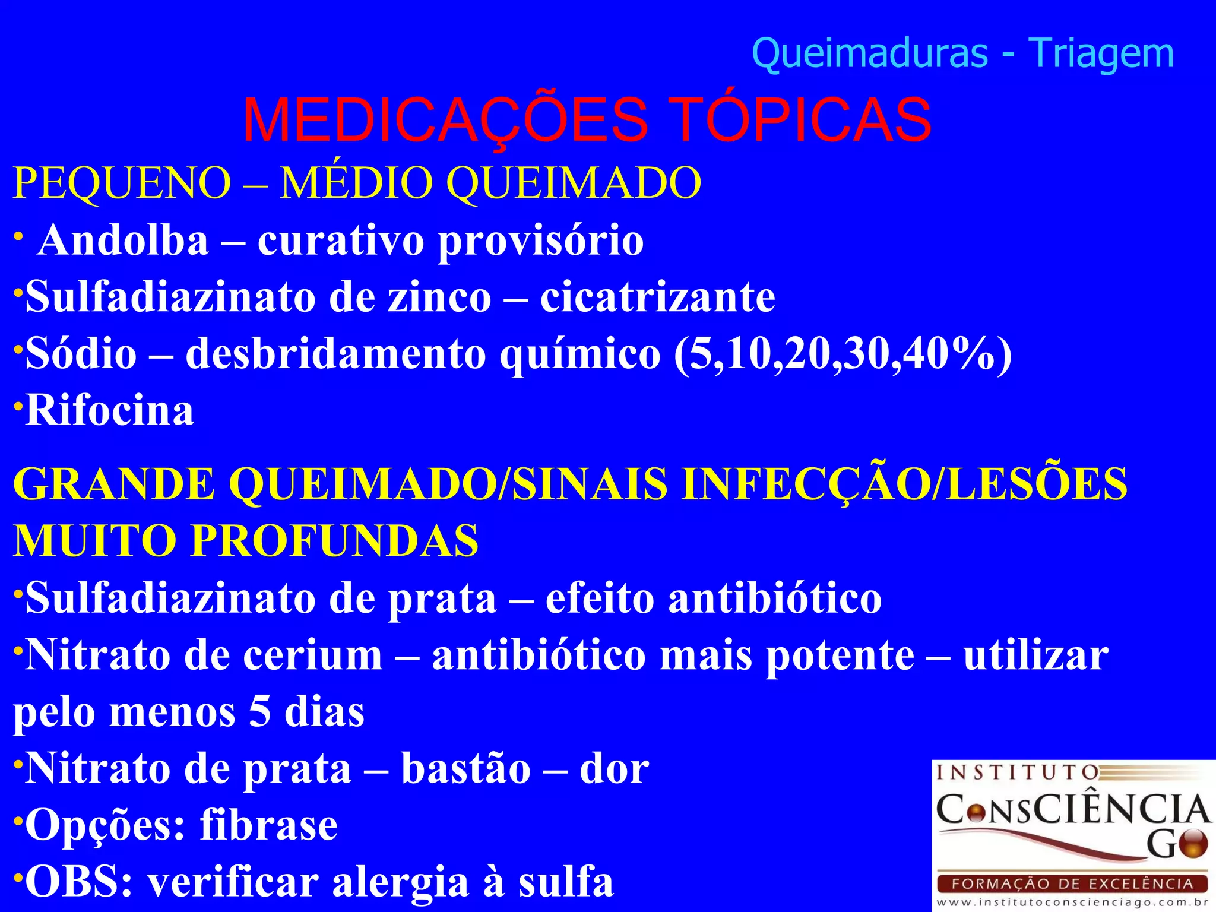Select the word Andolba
[x=123, y=240]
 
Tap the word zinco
[x=439, y=297]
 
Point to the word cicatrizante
[x=657, y=297]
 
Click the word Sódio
[x=81, y=354]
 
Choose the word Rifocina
[x=110, y=410]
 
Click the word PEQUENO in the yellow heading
[x=122, y=182]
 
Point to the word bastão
[x=465, y=769]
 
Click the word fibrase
[x=269, y=825]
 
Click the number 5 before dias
[x=259, y=712]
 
